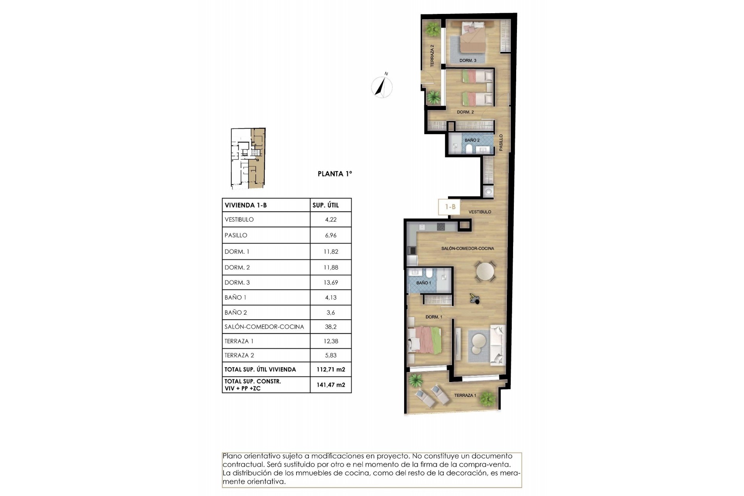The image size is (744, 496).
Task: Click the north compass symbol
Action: tap(382, 87)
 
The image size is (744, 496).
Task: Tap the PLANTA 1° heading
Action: tap(335, 174)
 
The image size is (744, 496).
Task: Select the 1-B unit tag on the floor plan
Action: tap(450, 207)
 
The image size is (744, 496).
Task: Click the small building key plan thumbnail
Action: tap(248, 158)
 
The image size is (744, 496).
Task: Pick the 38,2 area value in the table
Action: tap(331, 327)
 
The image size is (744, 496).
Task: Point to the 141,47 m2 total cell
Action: tap(331, 385)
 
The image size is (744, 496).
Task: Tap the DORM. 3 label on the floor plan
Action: tap(468, 60)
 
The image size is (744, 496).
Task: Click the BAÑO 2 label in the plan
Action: tap(472, 140)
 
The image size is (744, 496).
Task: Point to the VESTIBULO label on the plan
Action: tap(480, 212)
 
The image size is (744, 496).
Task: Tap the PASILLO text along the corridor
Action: tap(501, 142)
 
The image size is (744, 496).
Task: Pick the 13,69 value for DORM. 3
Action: tap(331, 282)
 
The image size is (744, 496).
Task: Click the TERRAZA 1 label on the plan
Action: tap(465, 395)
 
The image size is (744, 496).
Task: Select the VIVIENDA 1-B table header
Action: tap(246, 205)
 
